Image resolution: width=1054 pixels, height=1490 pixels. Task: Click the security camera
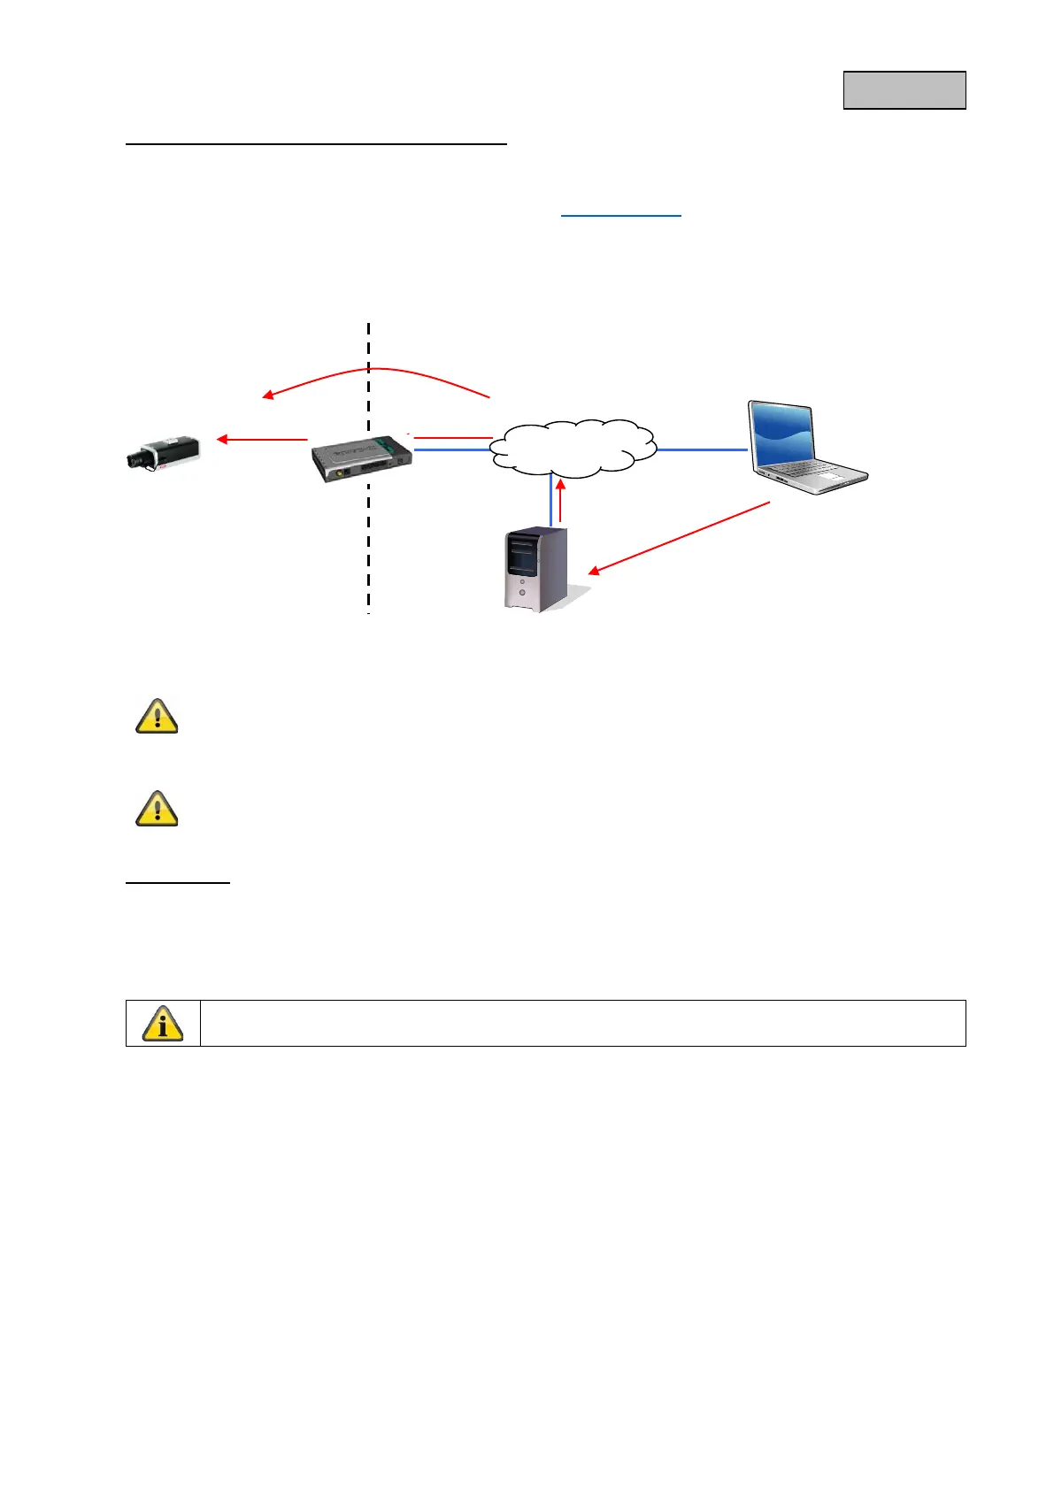pos(165,452)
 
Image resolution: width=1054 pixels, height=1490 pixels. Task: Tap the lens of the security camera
pos(135,459)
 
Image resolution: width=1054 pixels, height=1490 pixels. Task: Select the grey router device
pos(361,458)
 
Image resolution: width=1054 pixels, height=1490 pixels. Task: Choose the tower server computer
pos(536,568)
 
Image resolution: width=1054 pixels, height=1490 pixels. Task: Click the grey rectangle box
pos(904,90)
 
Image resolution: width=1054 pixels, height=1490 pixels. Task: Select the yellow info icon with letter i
pos(163,1023)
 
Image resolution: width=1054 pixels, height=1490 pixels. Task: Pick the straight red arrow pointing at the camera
pos(263,439)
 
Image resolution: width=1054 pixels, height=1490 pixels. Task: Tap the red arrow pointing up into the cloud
pos(560,501)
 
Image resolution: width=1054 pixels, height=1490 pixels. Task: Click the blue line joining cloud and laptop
pos(702,449)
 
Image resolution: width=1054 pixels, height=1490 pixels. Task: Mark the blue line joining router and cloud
pos(451,450)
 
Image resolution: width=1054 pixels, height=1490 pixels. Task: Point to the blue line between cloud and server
pos(551,501)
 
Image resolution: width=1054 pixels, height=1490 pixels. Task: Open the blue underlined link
pos(621,215)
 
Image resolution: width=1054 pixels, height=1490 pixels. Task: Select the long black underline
pos(316,142)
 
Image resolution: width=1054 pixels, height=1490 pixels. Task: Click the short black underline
pos(178,882)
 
